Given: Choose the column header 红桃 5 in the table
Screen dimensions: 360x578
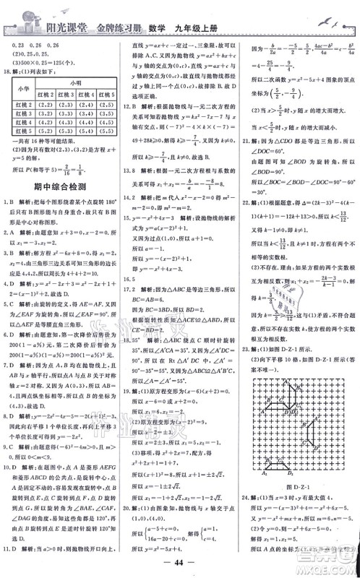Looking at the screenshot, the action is [x=106, y=92].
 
